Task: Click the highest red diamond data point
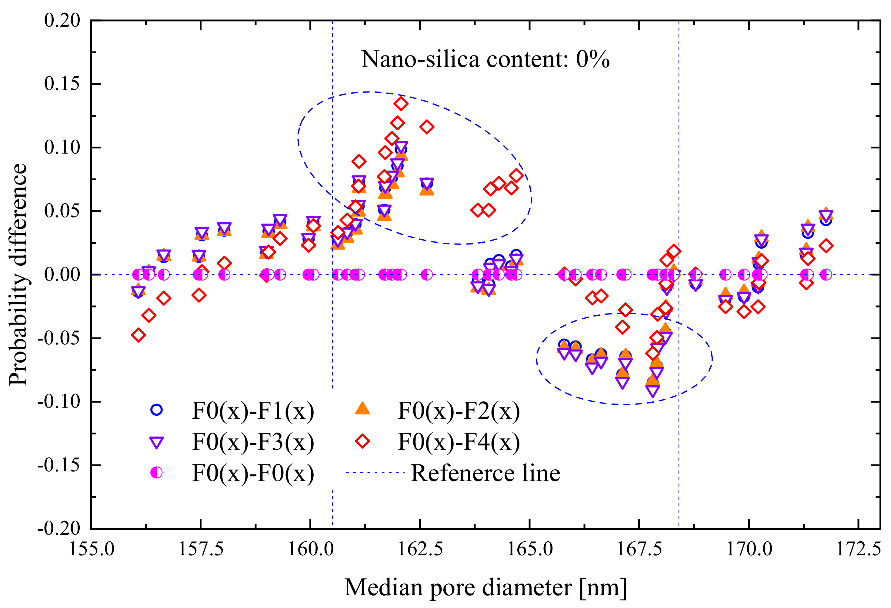point(401,104)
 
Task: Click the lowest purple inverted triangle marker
point(653,390)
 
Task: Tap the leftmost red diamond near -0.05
point(138,335)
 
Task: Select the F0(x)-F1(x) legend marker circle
point(156,410)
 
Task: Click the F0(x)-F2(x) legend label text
point(459,411)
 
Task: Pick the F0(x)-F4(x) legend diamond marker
point(362,441)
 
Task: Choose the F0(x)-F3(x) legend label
point(253,442)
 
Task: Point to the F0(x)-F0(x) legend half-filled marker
point(156,473)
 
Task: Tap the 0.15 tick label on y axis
point(62,84)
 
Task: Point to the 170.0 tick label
point(749,549)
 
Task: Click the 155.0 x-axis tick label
point(91,549)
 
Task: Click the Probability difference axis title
point(18,274)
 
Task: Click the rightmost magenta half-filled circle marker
point(826,274)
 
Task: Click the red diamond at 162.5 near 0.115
point(427,127)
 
